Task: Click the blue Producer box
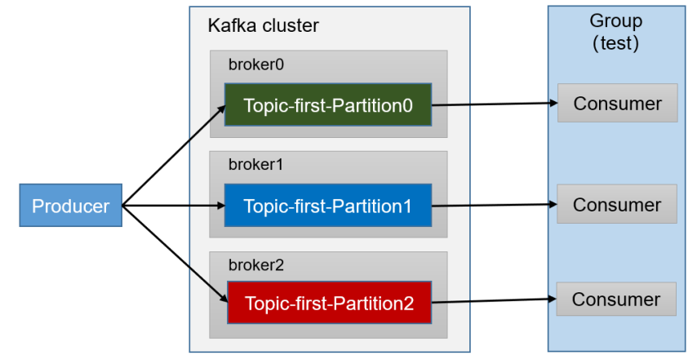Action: [x=71, y=206]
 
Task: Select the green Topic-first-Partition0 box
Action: [x=328, y=104]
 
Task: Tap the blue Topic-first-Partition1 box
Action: [x=328, y=206]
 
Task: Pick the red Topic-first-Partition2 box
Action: [x=330, y=302]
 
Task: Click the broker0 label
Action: [x=256, y=64]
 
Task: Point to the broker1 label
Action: [x=255, y=165]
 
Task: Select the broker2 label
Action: [x=256, y=265]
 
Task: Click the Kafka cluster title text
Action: [x=263, y=26]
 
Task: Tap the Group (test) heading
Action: [x=616, y=32]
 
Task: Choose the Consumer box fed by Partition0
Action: [x=618, y=103]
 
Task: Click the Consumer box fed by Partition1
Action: [x=617, y=204]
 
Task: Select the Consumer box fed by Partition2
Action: [x=616, y=299]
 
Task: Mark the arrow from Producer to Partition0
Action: [x=174, y=155]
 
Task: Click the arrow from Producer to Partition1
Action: [x=174, y=206]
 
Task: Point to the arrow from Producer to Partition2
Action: [x=175, y=254]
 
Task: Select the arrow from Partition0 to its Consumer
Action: [x=495, y=104]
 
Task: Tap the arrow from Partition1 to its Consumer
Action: [x=495, y=205]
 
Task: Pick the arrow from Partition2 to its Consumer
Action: [x=494, y=301]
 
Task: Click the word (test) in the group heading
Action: [x=616, y=43]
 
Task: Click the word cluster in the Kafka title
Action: [x=291, y=26]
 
